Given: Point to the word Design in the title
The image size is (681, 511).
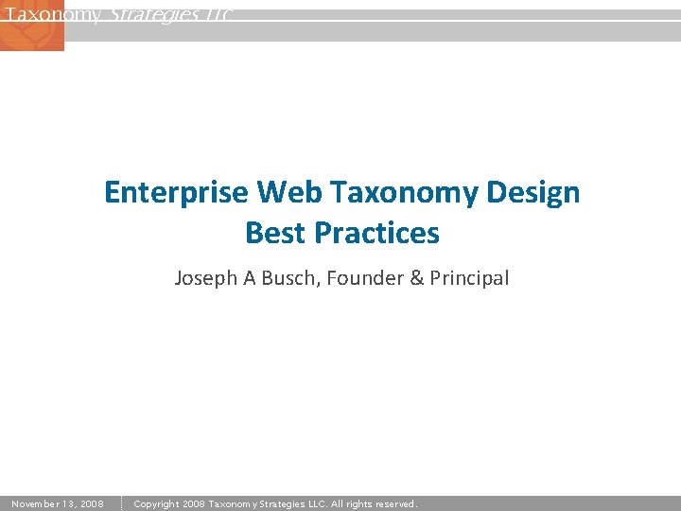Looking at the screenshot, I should tap(536, 193).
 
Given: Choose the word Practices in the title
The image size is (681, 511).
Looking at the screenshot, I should tap(377, 233).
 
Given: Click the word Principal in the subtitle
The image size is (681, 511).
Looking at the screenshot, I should tap(469, 278).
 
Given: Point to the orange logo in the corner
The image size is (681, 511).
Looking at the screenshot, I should tap(31, 26).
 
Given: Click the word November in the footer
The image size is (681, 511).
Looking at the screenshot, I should tap(39, 504).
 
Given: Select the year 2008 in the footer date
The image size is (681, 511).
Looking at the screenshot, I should tap(91, 504).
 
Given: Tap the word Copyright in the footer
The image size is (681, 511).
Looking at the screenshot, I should tap(158, 504).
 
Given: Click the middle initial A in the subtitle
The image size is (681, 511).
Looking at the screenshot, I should tap(251, 278).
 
